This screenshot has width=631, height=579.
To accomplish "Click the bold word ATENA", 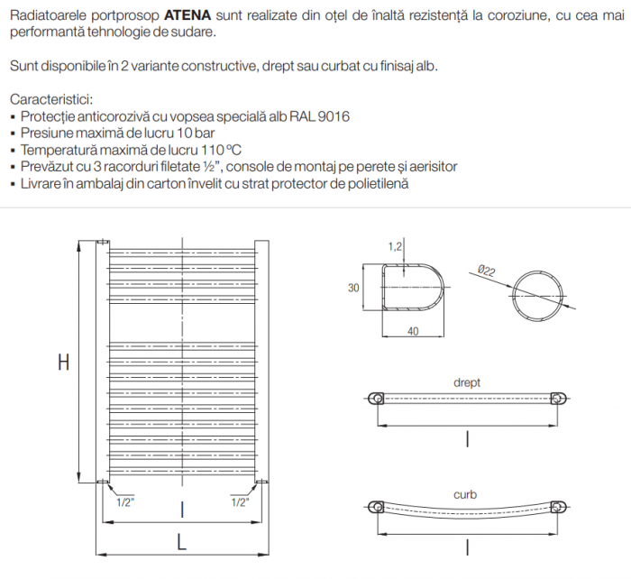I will [188, 15].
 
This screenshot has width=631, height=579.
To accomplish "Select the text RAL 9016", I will [322, 116].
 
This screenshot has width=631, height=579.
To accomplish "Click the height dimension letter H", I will [63, 363].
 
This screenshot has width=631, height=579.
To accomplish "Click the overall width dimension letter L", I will [181, 543].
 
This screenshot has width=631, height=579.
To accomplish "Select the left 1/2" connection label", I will [126, 503].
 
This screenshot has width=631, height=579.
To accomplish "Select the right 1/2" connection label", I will [239, 503].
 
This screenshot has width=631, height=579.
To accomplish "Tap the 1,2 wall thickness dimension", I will [395, 246].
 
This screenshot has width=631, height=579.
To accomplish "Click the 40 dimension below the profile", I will [413, 331].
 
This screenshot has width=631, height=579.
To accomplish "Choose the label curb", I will [466, 494].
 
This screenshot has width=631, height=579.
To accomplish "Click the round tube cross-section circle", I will [539, 296].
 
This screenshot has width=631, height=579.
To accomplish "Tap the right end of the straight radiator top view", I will [558, 399].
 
